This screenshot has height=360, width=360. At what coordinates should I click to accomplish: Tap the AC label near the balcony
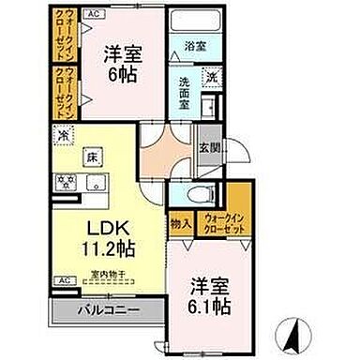[x=65, y=279]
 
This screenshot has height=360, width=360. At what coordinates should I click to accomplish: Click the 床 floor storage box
[x=93, y=157]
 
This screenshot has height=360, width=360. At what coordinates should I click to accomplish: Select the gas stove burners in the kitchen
[x=66, y=181]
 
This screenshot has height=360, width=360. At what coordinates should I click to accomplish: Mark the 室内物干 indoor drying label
[x=109, y=274]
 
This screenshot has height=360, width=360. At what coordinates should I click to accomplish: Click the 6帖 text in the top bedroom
[x=123, y=75]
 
